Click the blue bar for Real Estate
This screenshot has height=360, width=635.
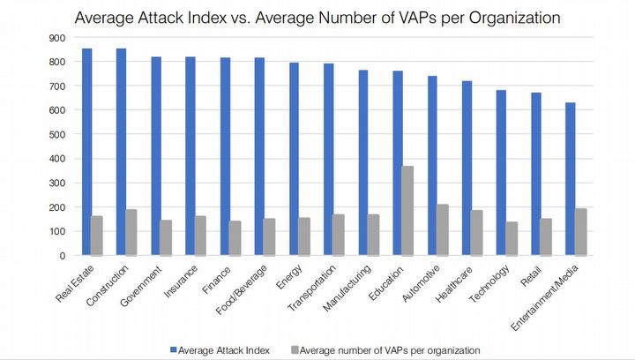pos(86,152)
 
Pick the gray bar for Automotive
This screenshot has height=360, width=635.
pos(443,229)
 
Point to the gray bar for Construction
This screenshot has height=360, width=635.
pos(131,232)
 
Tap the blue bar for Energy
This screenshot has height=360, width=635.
pos(294,159)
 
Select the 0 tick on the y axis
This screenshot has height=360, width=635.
pos(63,256)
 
